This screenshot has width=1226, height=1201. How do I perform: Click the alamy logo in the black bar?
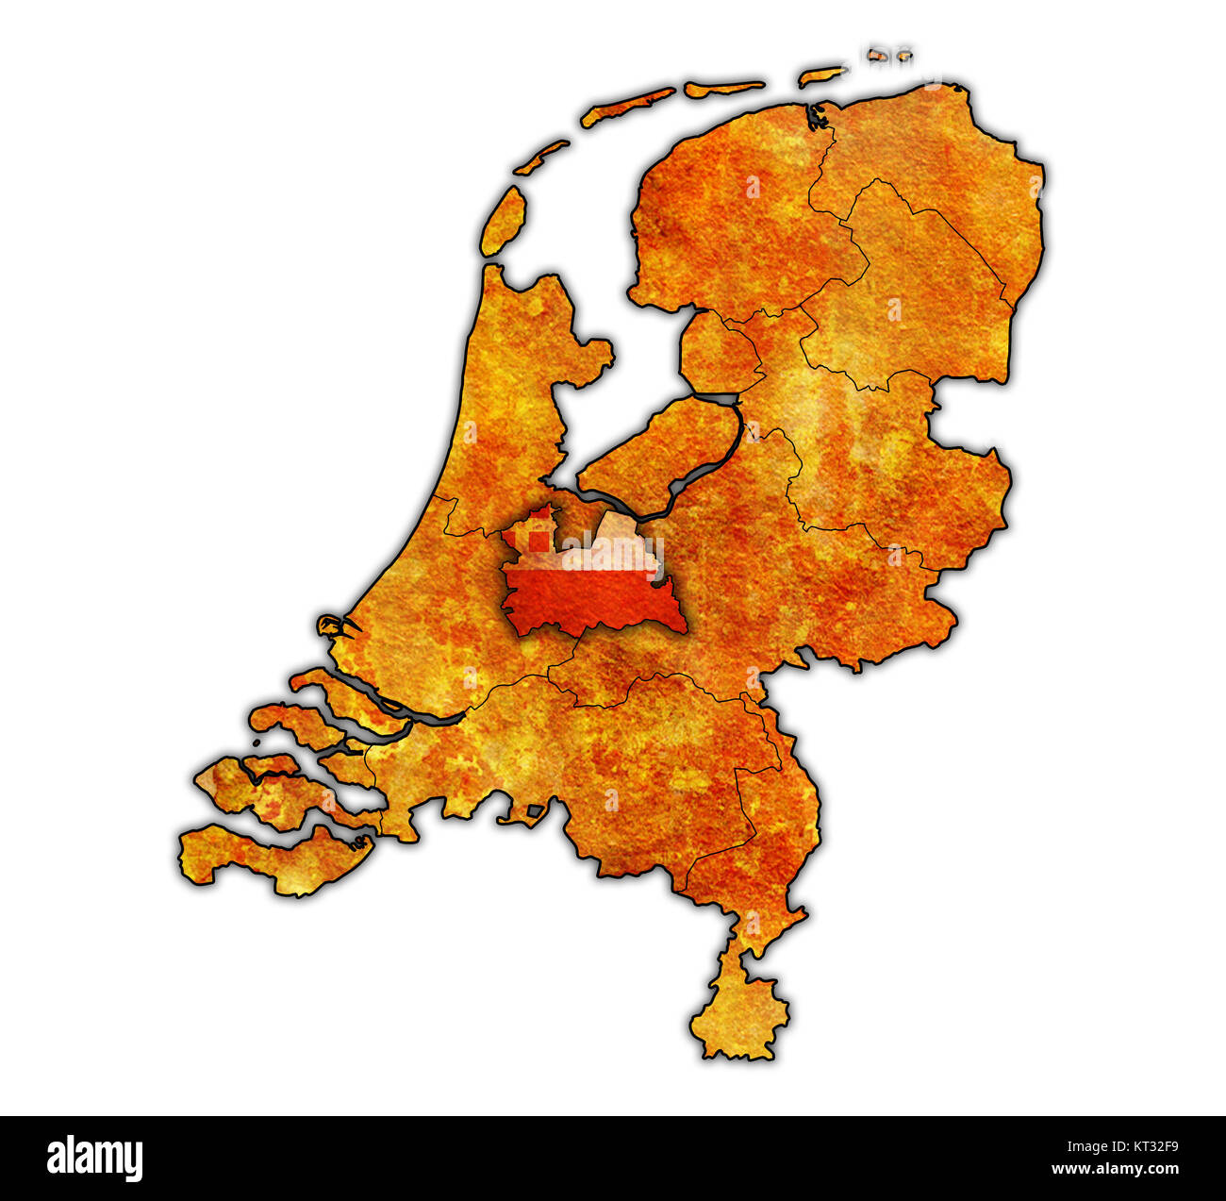pyautogui.click(x=95, y=1158)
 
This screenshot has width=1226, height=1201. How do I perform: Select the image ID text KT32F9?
pyautogui.click(x=1145, y=1147)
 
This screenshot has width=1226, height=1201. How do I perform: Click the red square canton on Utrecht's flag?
pyautogui.click(x=538, y=541)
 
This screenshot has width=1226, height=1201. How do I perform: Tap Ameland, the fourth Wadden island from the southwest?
pyautogui.click(x=723, y=88)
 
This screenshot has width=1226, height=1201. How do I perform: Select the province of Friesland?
pyautogui.click(x=726, y=217)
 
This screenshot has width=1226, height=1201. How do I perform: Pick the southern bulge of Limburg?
pyautogui.click(x=740, y=1009)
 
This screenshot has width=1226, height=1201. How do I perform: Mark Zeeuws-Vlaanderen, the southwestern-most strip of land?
pyautogui.click(x=273, y=859)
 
